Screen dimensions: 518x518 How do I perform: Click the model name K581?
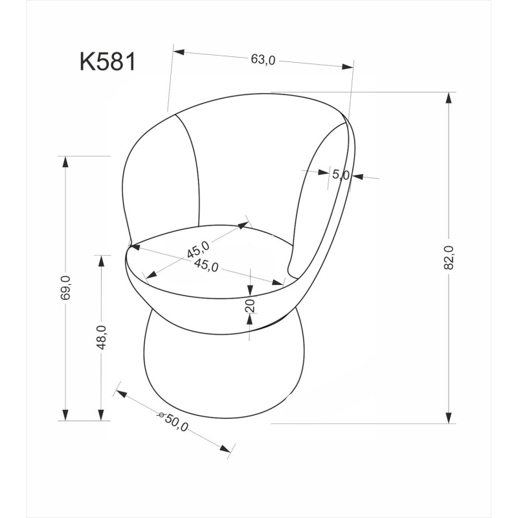tap(107, 62)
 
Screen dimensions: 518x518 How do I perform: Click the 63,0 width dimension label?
tap(263, 60)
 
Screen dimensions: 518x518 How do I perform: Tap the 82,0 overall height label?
tap(449, 258)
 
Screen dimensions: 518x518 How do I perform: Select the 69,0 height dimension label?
tap(65, 287)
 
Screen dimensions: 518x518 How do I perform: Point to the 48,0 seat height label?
tap(102, 337)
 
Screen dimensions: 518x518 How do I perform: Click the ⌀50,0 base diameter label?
tap(173, 422)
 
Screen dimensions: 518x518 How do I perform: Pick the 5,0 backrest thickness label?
tap(341, 174)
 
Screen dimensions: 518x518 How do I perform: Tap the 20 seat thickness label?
tap(251, 306)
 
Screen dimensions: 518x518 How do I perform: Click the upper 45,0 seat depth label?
tap(198, 249)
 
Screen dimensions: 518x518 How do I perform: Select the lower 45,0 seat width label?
tap(206, 265)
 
